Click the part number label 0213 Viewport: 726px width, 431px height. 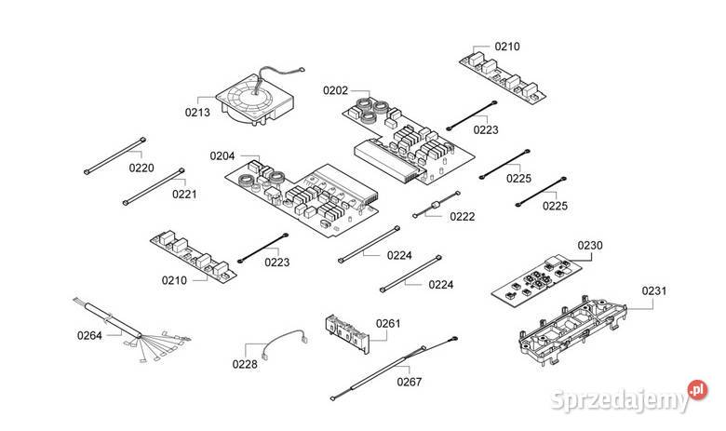tap(197, 112)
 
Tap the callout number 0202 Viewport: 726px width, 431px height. tap(335, 90)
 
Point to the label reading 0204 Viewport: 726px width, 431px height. tap(222, 156)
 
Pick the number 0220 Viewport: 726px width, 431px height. tap(141, 168)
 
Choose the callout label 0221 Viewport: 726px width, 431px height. tap(184, 195)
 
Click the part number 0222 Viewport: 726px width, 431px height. tap(462, 216)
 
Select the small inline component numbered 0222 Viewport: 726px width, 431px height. tap(433, 208)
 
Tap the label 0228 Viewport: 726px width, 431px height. tap(245, 364)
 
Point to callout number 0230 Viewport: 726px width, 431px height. tap(590, 246)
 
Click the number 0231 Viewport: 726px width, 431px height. tap(654, 291)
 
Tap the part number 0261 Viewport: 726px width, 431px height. tap(388, 323)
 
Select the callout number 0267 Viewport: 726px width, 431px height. tap(409, 381)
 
